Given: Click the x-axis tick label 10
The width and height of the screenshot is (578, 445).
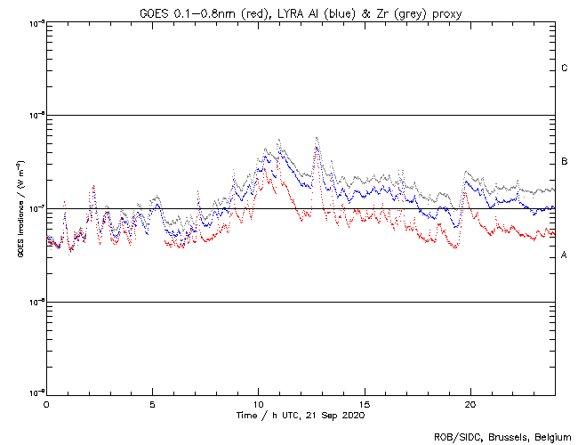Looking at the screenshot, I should click(258, 403).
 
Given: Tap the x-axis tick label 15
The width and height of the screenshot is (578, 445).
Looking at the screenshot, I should click(364, 403).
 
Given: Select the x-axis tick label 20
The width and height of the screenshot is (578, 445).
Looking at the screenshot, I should click(470, 403).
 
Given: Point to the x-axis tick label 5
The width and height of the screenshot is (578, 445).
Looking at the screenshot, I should click(152, 403).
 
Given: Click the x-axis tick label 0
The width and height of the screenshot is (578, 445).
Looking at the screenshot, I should click(46, 403).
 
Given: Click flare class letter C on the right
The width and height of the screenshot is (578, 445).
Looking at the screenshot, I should click(565, 69).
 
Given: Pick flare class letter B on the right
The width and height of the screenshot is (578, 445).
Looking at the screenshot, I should click(565, 162).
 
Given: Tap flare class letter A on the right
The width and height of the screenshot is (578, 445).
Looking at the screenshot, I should click(565, 255).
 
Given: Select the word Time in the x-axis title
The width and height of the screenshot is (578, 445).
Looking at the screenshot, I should click(246, 415).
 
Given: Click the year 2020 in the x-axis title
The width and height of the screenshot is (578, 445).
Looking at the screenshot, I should click(352, 415).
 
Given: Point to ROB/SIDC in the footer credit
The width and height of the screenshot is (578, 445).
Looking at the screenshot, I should click(454, 436).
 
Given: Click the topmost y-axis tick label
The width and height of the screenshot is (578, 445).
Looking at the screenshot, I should click(36, 23).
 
